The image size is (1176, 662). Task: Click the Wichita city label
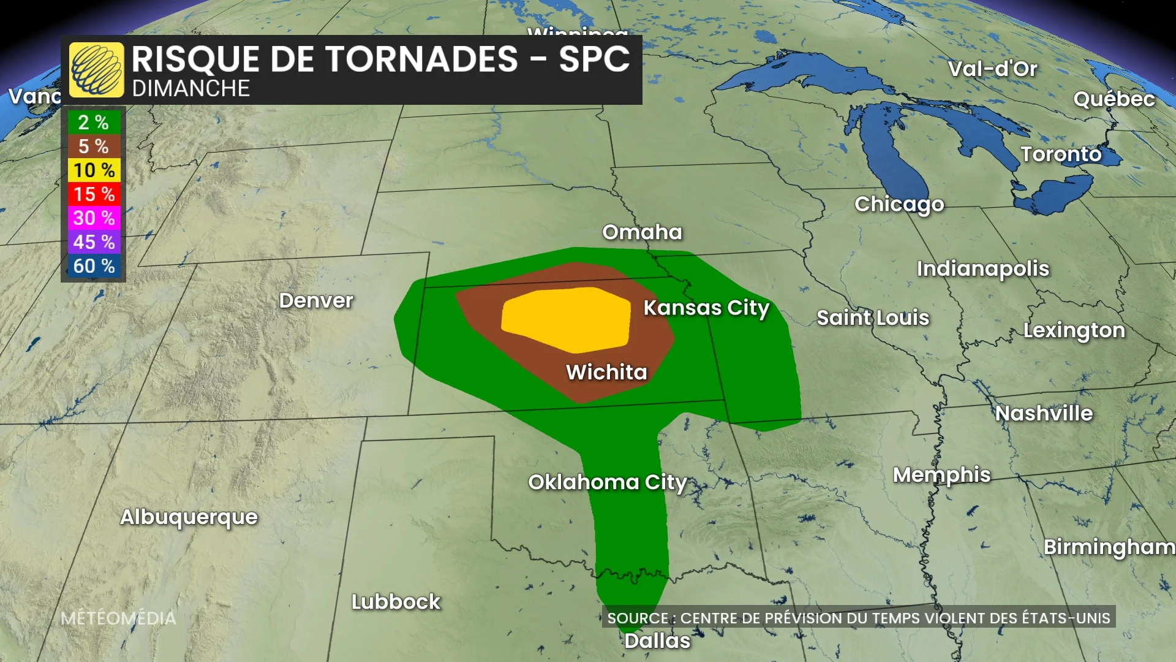(x=606, y=372)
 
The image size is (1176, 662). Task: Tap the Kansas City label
(x=706, y=308)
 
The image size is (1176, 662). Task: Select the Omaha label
(x=642, y=232)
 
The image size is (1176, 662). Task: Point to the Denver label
(x=316, y=300)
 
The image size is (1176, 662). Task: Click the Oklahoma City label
(x=607, y=482)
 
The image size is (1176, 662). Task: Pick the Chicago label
(x=899, y=204)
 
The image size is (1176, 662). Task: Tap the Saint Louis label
(x=873, y=318)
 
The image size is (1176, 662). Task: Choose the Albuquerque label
(x=189, y=517)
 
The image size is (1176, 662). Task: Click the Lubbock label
(x=396, y=602)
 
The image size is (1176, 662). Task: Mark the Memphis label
(x=941, y=475)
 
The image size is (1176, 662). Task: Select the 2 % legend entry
(x=94, y=123)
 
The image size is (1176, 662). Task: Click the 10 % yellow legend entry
(x=94, y=170)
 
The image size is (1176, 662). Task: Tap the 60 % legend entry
(x=94, y=266)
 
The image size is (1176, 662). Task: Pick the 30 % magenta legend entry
(x=94, y=218)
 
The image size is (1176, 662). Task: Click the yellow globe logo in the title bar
(x=96, y=70)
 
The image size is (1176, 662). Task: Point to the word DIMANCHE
(x=190, y=89)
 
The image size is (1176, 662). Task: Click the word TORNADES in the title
(x=421, y=59)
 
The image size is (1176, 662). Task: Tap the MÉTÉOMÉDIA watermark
(x=118, y=618)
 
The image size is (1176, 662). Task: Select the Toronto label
(x=1061, y=154)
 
